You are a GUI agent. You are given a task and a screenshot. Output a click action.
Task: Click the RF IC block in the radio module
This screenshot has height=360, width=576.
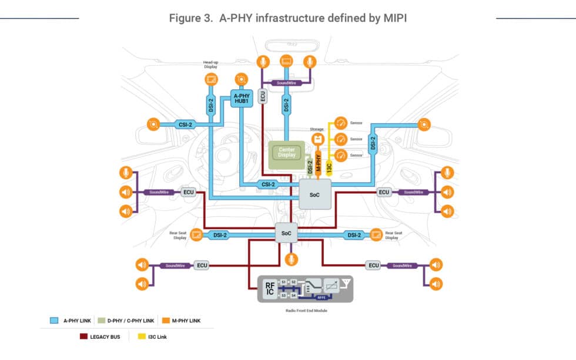269,288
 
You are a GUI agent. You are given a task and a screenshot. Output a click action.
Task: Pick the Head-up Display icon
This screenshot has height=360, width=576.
211,79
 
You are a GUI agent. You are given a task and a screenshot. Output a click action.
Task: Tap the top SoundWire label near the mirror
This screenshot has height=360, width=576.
286,83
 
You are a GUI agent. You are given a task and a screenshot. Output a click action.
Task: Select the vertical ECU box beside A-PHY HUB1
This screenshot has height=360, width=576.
262,96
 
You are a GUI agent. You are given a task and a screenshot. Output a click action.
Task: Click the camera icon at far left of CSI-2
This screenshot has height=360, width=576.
153,124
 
